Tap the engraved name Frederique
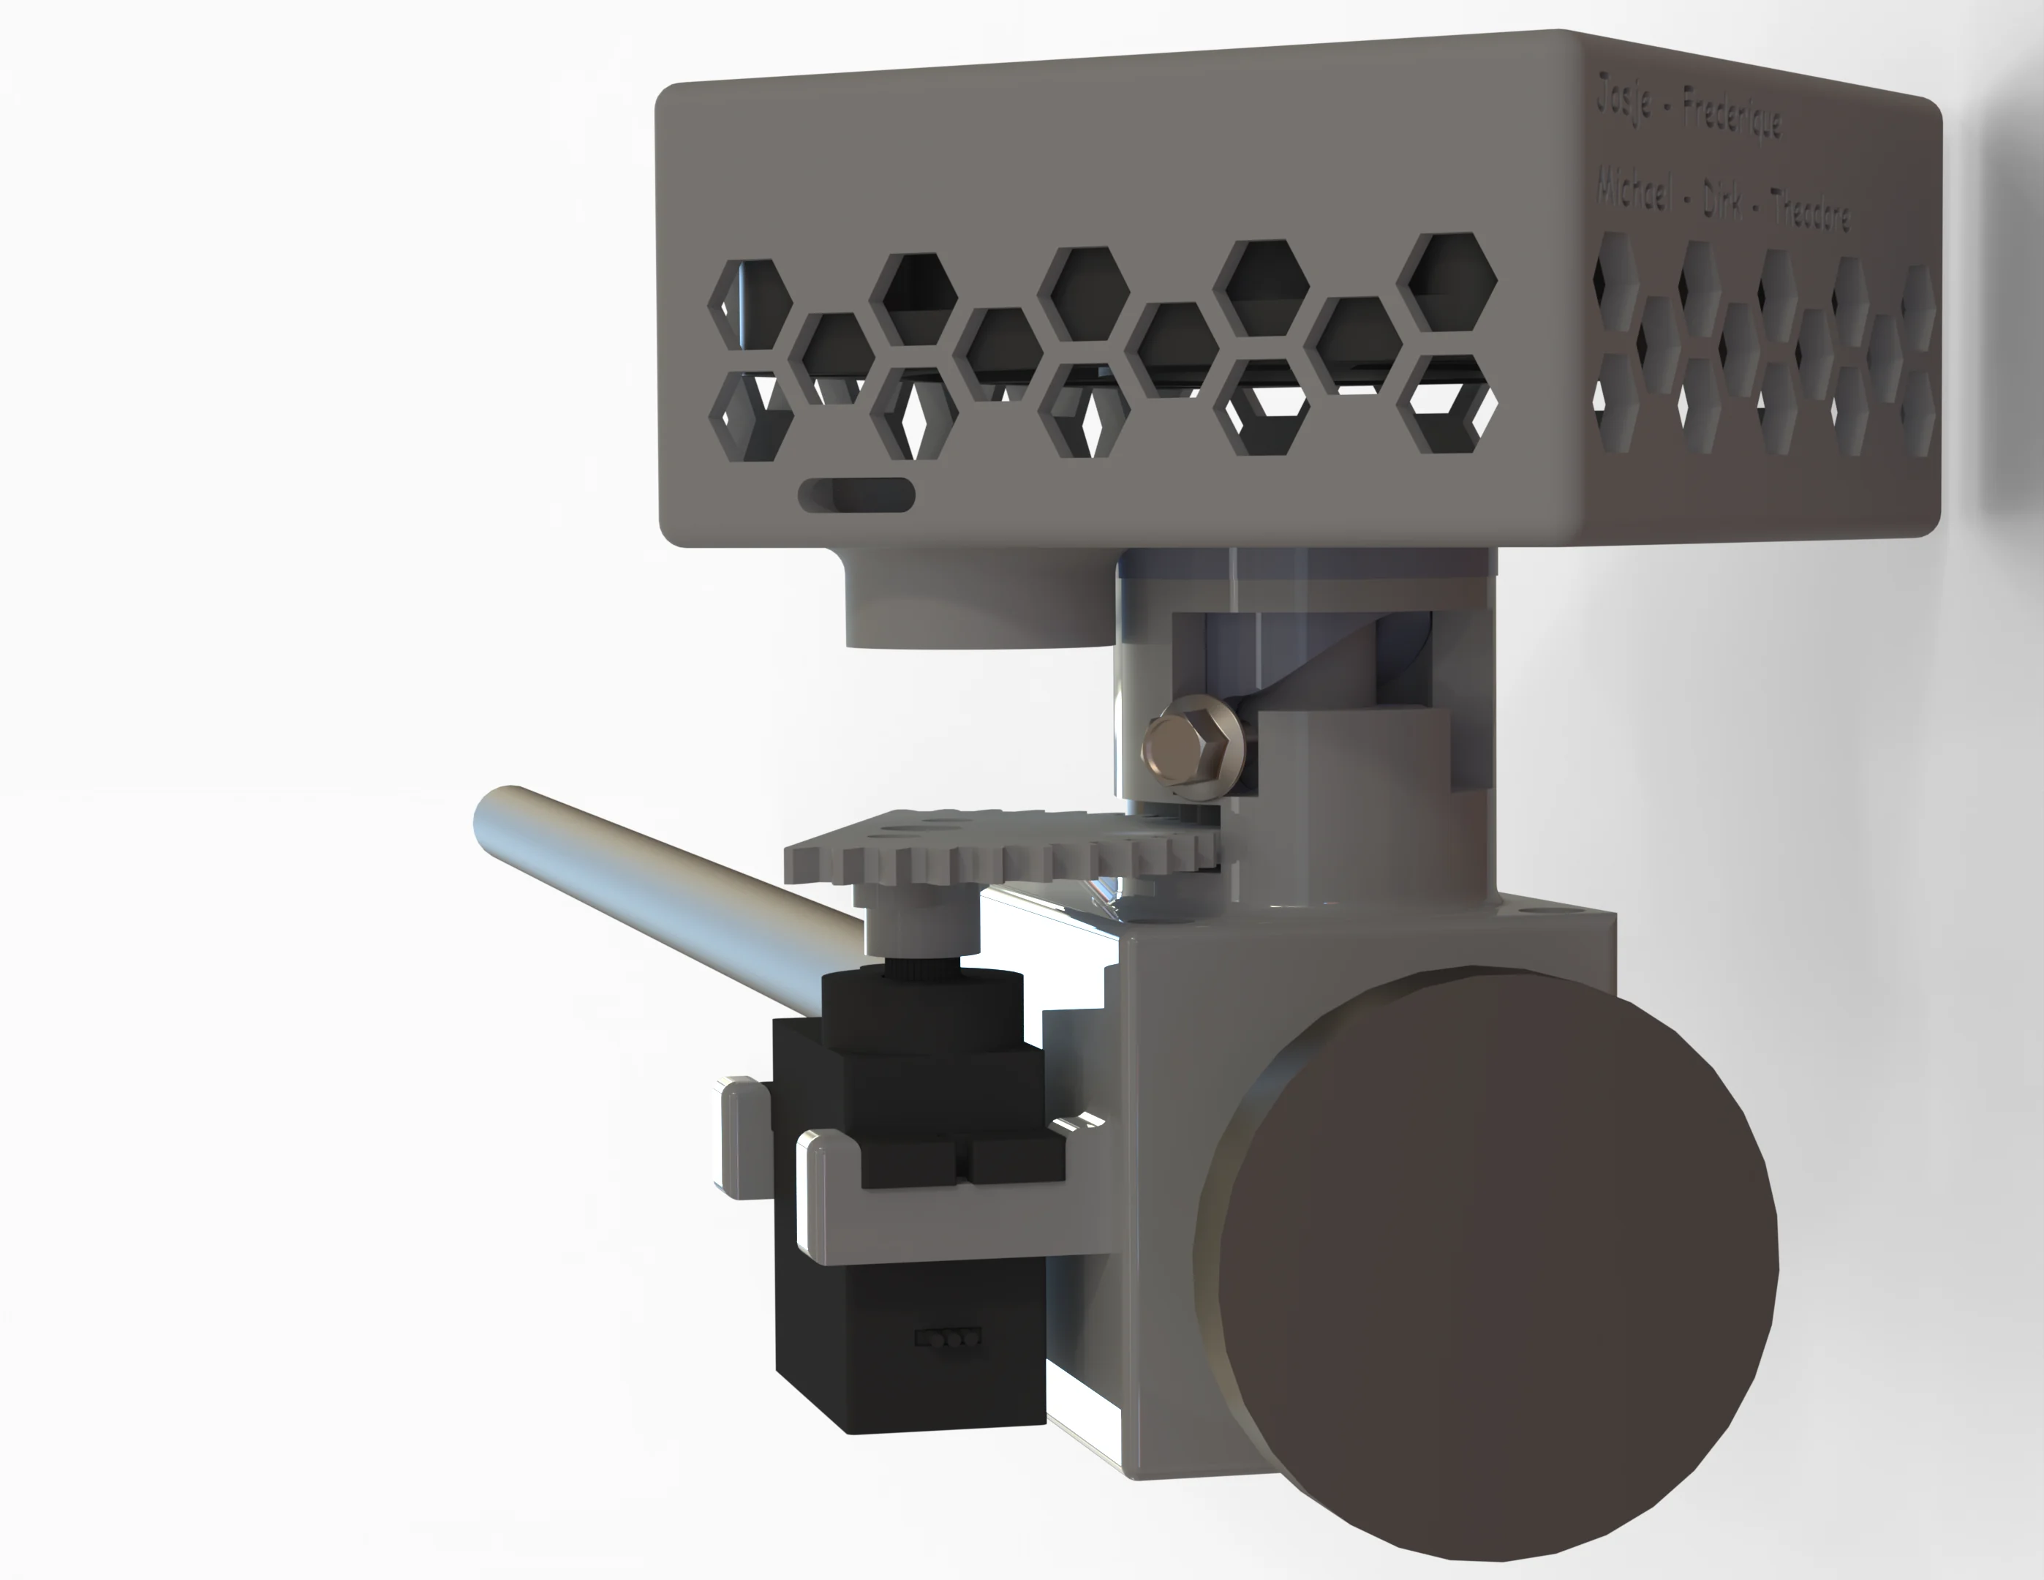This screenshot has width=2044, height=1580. pyautogui.click(x=1732, y=119)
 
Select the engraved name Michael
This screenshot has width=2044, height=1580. pyautogui.click(x=1633, y=191)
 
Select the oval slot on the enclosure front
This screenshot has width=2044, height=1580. pyautogui.click(x=856, y=495)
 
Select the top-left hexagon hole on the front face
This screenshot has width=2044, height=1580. pyautogui.click(x=750, y=304)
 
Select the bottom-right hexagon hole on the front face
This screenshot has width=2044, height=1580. pyautogui.click(x=1446, y=405)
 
